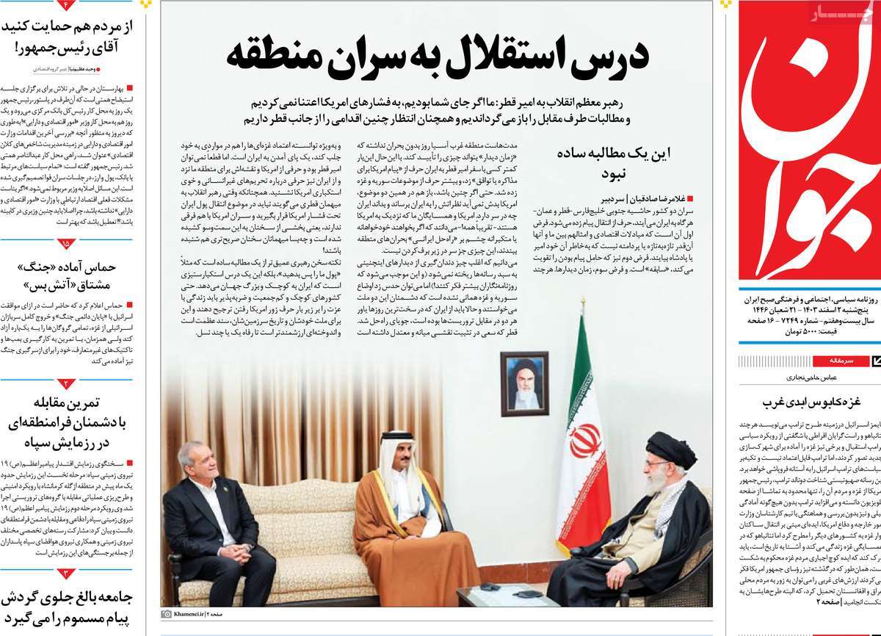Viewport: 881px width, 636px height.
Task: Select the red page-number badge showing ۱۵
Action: (68, 242)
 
